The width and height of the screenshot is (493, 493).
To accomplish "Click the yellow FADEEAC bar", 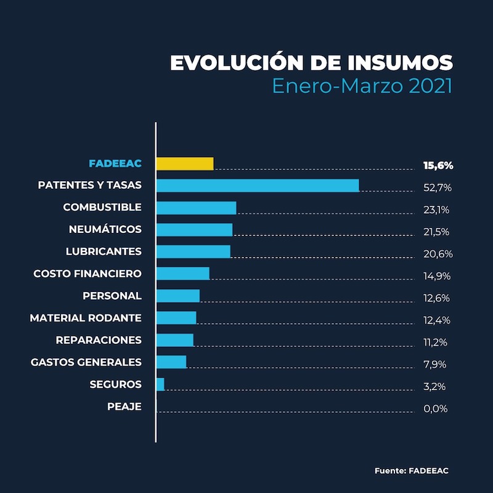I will tap(185, 163).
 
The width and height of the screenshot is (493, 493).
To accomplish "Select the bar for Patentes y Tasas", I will tap(258, 185).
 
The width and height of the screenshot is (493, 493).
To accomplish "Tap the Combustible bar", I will tap(196, 208).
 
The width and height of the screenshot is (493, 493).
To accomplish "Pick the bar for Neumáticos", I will tap(194, 229).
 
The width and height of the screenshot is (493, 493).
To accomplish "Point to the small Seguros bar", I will tap(160, 385).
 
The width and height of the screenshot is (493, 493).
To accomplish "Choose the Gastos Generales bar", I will tap(171, 362).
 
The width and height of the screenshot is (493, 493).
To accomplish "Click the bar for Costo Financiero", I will tap(182, 274).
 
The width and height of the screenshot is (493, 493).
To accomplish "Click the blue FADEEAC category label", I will tap(115, 163).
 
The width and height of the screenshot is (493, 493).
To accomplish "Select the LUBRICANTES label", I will tap(104, 251).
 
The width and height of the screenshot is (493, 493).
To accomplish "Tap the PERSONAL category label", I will tap(112, 296).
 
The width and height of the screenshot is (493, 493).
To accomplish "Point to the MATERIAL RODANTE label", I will tap(86, 318).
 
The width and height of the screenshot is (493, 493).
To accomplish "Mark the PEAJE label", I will tap(124, 407).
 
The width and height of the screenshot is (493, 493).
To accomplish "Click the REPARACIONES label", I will tap(99, 340).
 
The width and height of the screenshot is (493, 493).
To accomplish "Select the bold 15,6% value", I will tap(438, 165).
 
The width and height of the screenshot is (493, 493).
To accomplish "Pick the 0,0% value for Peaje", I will tap(435, 409).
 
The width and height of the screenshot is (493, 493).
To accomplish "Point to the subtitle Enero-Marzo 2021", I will tap(362, 86).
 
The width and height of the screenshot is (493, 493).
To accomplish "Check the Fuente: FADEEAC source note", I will tap(412, 471).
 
